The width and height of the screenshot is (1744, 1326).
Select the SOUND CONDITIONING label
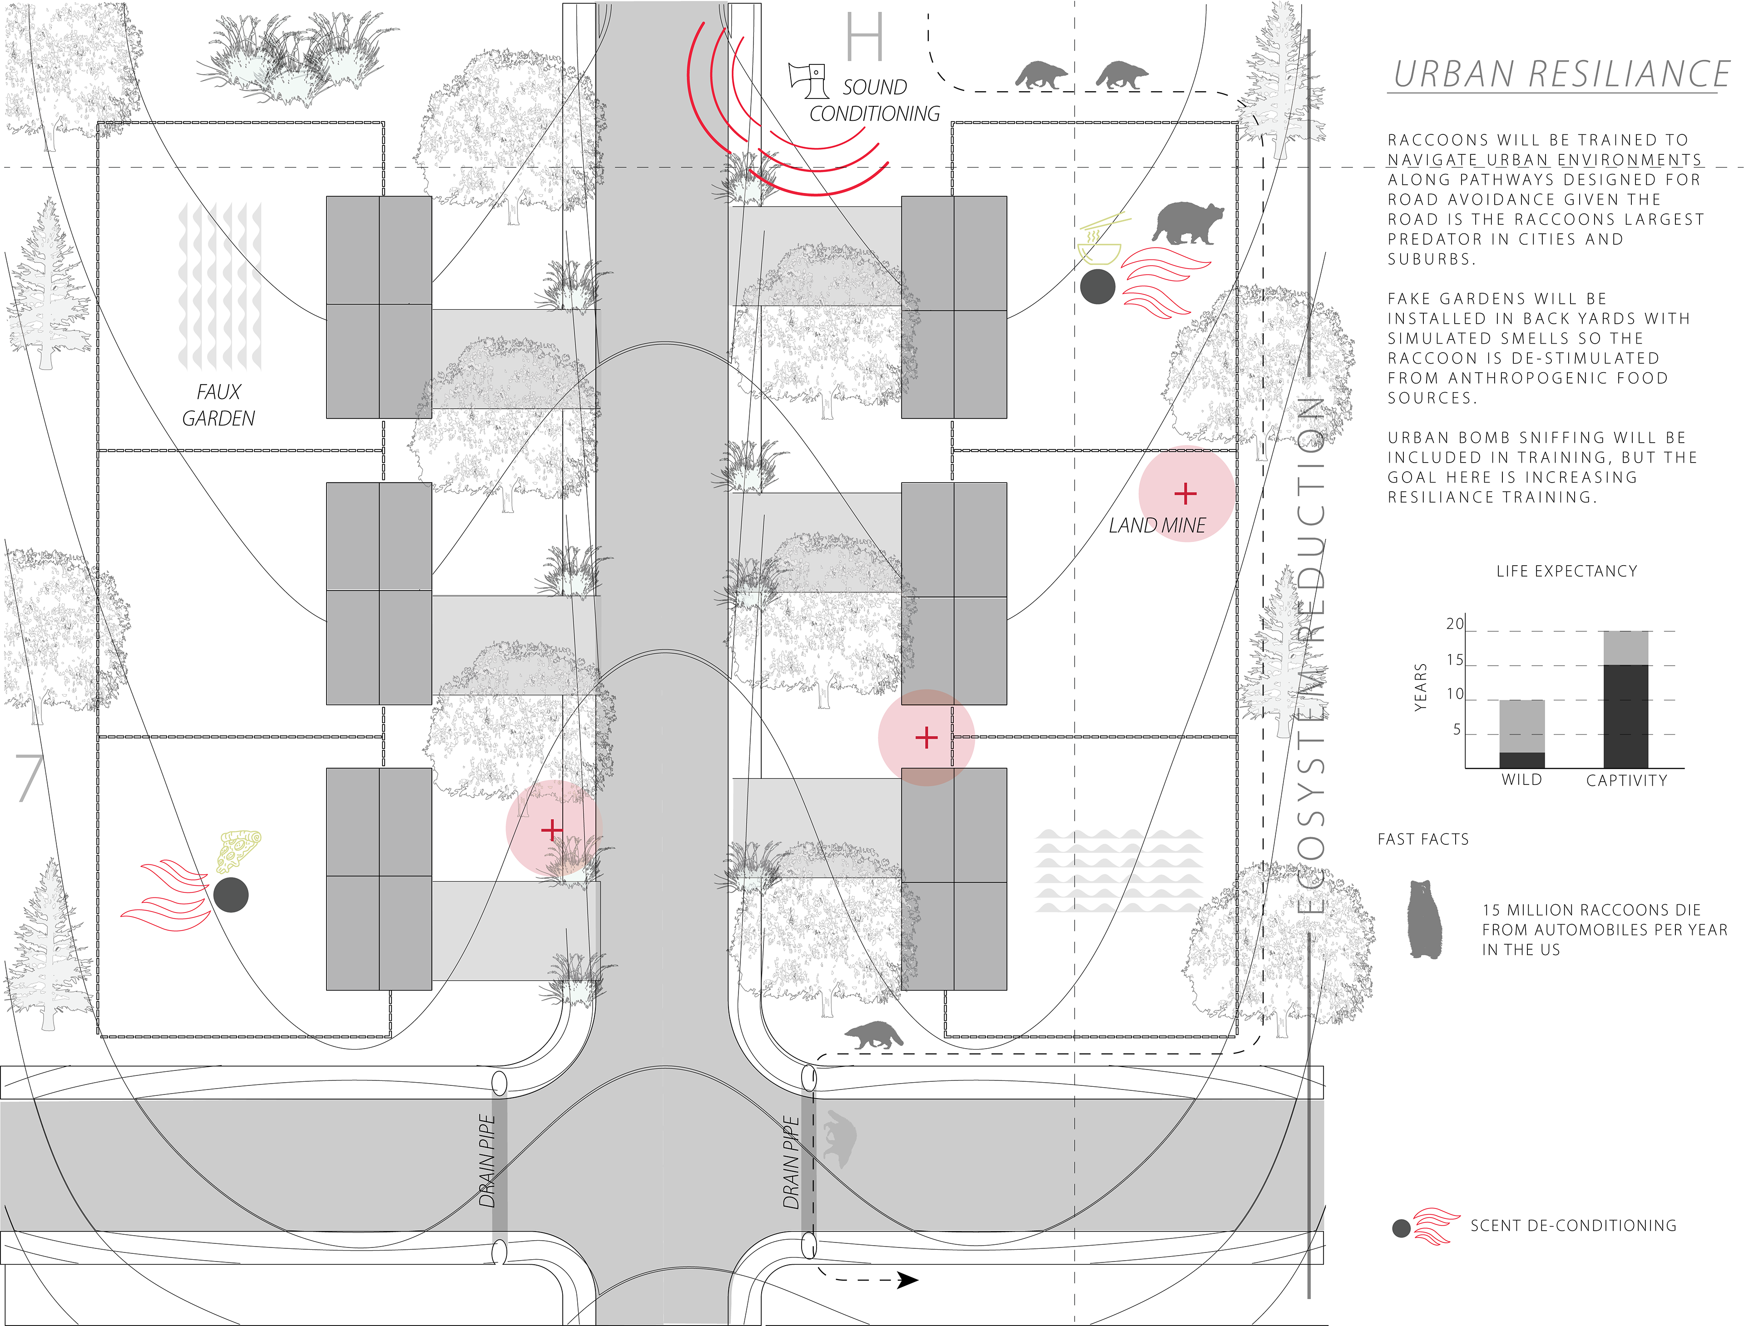(x=874, y=100)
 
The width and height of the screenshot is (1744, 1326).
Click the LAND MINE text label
(x=1157, y=526)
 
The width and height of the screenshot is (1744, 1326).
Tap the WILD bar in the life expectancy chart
(x=1521, y=734)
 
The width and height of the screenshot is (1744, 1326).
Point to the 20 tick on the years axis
(x=1454, y=624)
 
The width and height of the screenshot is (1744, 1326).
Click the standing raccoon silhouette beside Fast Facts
(x=1425, y=920)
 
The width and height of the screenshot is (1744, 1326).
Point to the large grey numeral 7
(x=29, y=778)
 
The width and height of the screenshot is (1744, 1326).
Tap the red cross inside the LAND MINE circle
(x=1185, y=494)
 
